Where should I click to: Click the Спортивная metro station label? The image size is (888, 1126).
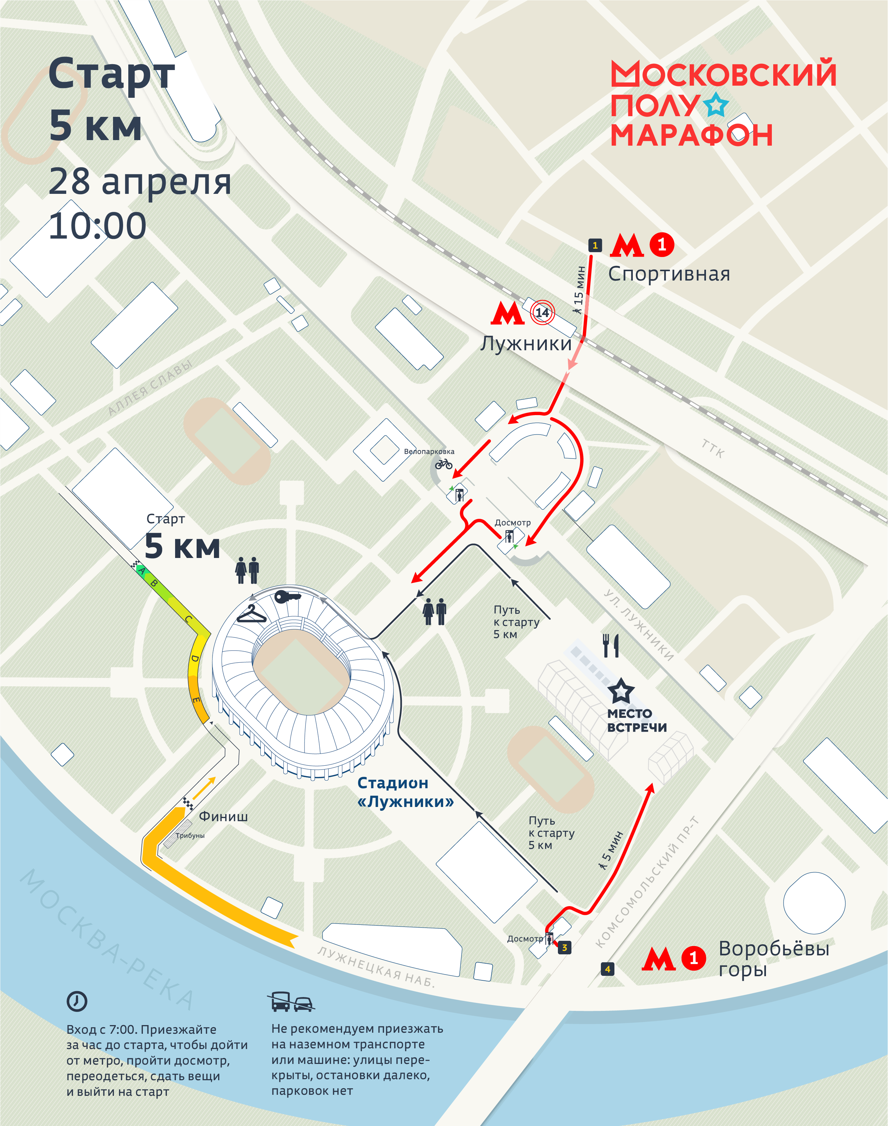(x=669, y=274)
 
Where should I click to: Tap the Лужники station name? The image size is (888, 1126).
(x=526, y=344)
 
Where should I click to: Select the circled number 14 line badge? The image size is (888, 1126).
(x=542, y=312)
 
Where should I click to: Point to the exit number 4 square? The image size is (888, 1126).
(x=607, y=969)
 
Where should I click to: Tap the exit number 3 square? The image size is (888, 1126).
(x=564, y=948)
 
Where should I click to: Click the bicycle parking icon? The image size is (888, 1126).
(x=443, y=464)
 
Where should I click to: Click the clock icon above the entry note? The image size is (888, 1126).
(x=77, y=1001)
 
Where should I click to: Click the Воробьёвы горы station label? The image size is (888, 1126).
(x=773, y=959)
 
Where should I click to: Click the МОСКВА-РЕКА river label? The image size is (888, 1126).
(x=106, y=939)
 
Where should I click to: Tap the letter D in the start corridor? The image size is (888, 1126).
(x=195, y=658)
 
